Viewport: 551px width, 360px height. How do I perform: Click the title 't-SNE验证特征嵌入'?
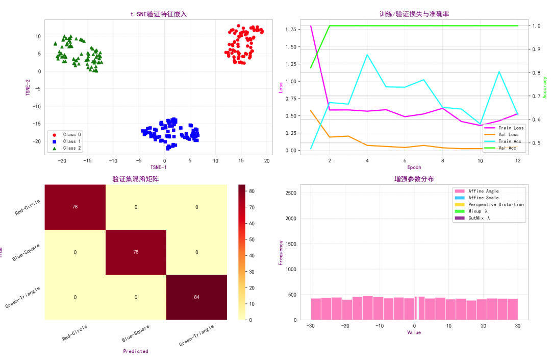pos(158,14)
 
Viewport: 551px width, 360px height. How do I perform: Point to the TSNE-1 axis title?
pos(158,167)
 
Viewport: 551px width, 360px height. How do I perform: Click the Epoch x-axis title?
pos(414,167)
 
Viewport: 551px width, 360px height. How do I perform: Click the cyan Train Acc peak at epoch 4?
pos(367,55)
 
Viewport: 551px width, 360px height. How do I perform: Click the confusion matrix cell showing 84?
pos(197,297)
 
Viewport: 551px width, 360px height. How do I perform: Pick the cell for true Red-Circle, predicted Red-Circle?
pos(75,207)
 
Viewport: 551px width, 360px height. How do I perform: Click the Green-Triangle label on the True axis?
pos(23,297)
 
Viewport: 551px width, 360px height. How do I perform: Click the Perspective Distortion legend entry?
pos(502,204)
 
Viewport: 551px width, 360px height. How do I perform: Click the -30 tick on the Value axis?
pos(311,326)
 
